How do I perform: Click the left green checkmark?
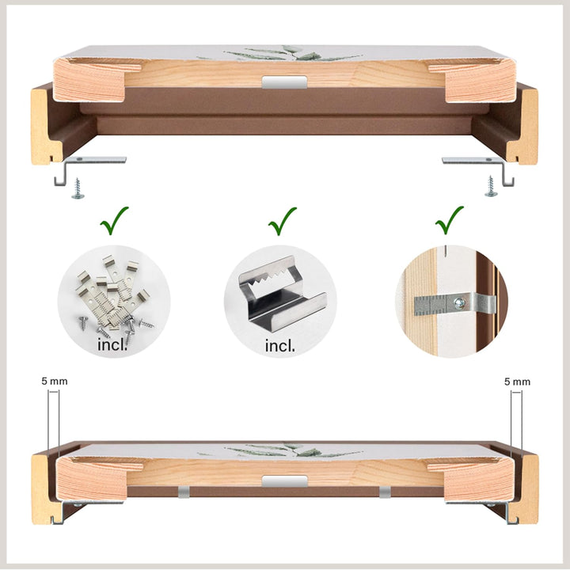click(115, 222)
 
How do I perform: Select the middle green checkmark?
click(282, 222)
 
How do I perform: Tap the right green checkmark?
click(450, 222)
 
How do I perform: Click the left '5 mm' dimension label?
click(55, 381)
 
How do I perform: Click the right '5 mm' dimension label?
click(517, 381)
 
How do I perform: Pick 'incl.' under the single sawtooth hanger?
click(280, 345)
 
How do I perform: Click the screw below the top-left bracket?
click(78, 188)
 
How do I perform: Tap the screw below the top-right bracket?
click(492, 188)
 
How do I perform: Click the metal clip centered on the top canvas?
click(283, 82)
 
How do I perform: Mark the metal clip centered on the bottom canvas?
click(283, 481)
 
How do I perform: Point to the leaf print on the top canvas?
click(297, 54)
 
